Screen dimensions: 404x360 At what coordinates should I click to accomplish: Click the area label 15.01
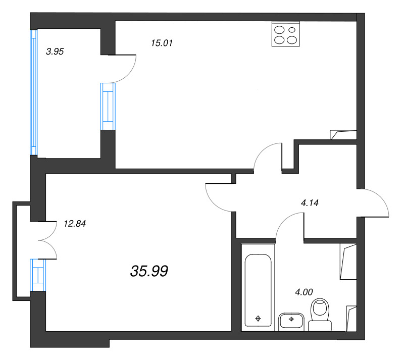162,43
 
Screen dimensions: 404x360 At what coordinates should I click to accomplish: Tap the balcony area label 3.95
55,52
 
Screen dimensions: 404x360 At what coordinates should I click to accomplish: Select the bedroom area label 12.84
75,224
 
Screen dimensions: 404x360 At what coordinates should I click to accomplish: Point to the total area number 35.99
149,271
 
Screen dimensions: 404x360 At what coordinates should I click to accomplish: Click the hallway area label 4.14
310,203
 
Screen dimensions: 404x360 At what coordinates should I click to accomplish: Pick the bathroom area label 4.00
304,292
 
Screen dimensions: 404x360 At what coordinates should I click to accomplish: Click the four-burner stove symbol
286,34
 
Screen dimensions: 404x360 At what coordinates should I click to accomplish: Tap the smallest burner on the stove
292,30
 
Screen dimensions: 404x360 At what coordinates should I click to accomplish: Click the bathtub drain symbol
258,319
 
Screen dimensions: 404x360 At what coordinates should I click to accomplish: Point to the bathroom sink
291,322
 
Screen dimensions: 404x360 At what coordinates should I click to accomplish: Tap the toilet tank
320,326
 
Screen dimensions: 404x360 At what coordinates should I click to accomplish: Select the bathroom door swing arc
284,219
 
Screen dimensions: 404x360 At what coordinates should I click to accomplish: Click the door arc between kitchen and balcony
130,73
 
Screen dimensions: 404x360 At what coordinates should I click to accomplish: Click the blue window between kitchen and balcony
108,107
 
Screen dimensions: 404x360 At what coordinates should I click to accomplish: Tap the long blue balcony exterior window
34,92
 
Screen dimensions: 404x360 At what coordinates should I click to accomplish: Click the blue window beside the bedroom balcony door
38,275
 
